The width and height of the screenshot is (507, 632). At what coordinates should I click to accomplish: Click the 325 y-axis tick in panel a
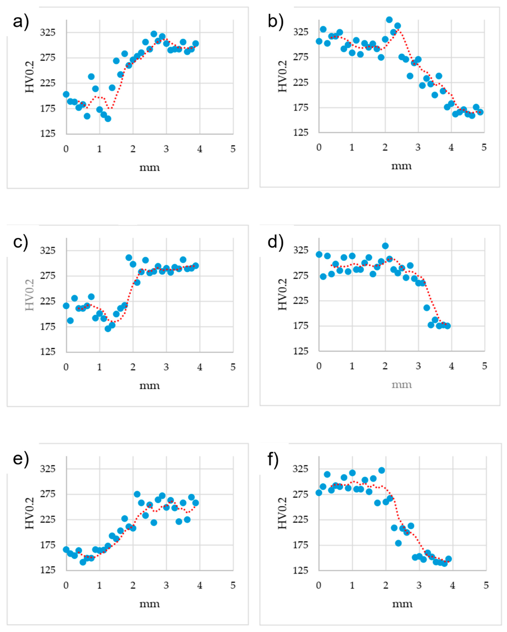(x=47, y=32)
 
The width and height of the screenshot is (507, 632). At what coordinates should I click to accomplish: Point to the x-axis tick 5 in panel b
(x=484, y=147)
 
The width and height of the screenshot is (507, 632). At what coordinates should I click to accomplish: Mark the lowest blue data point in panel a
(x=108, y=118)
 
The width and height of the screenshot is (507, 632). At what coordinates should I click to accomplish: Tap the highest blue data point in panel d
(x=385, y=246)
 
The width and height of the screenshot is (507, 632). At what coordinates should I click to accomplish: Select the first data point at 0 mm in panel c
(x=66, y=306)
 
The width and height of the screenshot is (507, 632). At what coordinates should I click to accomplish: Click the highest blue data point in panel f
(x=381, y=470)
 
